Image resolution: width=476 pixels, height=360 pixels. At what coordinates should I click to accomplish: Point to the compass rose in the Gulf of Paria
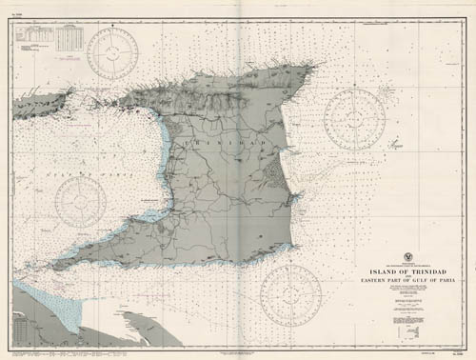click(79, 202)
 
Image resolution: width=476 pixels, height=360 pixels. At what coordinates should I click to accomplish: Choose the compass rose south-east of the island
click(289, 288)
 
